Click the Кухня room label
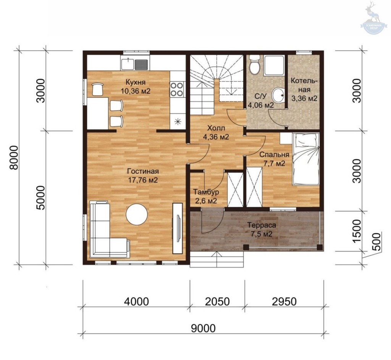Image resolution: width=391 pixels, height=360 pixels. (136, 82)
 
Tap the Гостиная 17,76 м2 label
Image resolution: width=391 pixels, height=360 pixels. (143, 176)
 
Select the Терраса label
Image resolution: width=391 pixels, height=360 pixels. (262, 225)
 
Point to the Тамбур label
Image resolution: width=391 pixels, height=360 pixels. (206, 192)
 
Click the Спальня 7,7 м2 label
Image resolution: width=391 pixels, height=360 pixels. (274, 159)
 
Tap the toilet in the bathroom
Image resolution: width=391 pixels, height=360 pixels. (255, 65)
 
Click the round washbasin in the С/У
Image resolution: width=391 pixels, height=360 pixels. (278, 95)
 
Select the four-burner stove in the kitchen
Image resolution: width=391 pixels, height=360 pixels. (177, 89)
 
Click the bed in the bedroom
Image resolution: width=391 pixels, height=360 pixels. (306, 159)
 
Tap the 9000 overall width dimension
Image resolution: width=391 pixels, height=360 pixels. (203, 328)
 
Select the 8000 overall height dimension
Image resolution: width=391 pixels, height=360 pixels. (14, 158)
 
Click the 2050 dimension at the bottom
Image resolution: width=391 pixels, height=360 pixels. (217, 302)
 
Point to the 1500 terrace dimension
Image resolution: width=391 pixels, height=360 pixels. (357, 231)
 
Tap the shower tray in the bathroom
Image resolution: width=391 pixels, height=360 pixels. (274, 65)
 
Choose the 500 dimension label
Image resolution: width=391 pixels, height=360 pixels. (376, 242)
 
